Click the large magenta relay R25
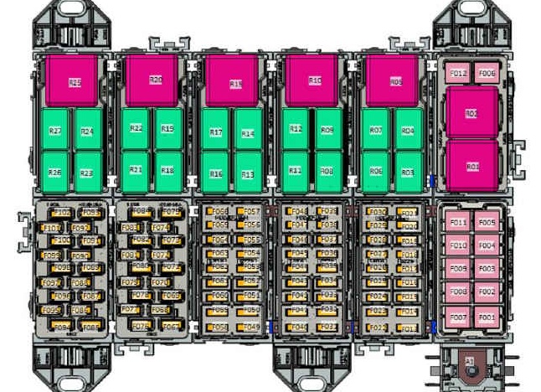click(x=75, y=81)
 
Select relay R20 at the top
click(x=154, y=80)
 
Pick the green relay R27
click(x=54, y=132)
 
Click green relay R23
click(x=86, y=173)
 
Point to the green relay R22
click(x=136, y=128)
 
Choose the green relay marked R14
click(x=247, y=133)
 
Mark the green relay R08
click(x=327, y=170)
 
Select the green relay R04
click(x=408, y=131)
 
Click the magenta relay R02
click(x=471, y=113)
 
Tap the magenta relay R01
click(x=471, y=166)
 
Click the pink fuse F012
click(x=458, y=74)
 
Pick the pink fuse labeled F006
click(x=487, y=74)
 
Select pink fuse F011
click(x=457, y=222)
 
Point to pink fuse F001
click(x=487, y=317)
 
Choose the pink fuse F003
click(x=487, y=269)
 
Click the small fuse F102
click(x=62, y=214)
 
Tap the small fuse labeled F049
click(x=250, y=327)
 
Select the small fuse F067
click(x=171, y=327)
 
